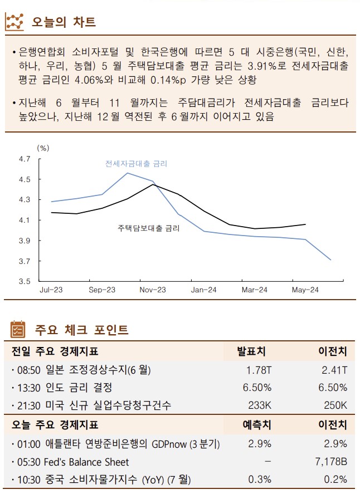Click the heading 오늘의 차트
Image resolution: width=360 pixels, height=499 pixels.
point(64,22)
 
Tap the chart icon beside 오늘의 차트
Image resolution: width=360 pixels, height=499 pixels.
point(14,22)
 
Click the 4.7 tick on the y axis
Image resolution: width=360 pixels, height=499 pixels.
point(24,159)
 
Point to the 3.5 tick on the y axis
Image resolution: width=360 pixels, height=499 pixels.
point(24,281)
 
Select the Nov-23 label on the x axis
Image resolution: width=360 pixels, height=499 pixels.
point(153,290)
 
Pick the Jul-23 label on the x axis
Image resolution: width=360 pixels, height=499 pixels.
point(51,290)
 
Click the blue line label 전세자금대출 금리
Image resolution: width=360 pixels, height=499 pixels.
point(136,164)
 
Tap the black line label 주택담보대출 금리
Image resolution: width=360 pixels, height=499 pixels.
point(149,228)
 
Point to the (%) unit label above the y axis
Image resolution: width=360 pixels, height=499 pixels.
point(43,148)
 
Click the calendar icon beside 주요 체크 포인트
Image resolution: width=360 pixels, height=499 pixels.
point(17,330)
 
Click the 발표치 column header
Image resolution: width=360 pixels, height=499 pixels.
point(251,351)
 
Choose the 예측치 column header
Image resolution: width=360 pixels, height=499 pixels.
point(257,425)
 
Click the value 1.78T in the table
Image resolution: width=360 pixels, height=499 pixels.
point(259,370)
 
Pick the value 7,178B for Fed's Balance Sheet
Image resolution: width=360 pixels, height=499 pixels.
point(332,462)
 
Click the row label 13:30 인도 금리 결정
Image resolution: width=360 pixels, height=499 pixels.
point(62,388)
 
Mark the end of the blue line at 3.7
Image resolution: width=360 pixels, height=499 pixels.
point(331,260)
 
